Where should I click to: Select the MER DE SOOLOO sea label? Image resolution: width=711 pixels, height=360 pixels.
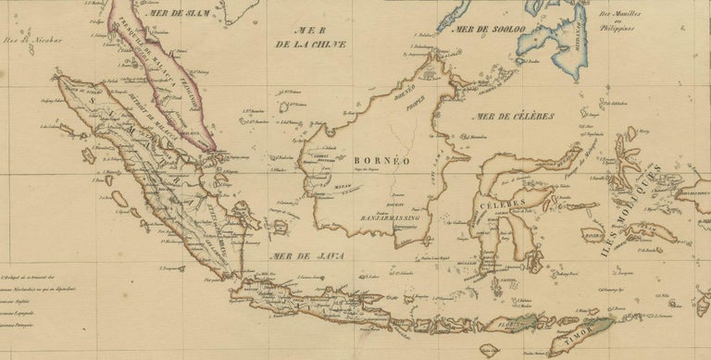(x=489, y=30)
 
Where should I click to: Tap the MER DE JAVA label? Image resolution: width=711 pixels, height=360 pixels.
(x=292, y=254)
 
